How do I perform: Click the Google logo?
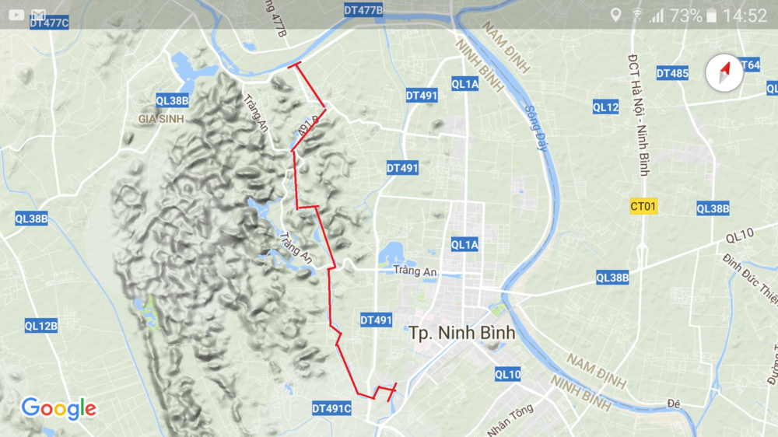(59, 408)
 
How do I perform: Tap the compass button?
(724, 73)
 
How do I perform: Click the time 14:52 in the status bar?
(745, 16)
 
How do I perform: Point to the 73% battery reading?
(685, 16)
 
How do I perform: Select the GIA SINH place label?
(161, 119)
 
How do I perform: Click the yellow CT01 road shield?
(644, 206)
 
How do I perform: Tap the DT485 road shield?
(672, 73)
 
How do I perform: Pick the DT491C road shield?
(332, 408)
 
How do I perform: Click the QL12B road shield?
(40, 326)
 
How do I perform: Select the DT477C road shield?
(50, 23)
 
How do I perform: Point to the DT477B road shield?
(364, 10)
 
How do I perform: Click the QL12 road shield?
(605, 107)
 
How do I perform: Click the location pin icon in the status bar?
(616, 15)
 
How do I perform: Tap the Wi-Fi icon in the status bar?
(637, 15)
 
